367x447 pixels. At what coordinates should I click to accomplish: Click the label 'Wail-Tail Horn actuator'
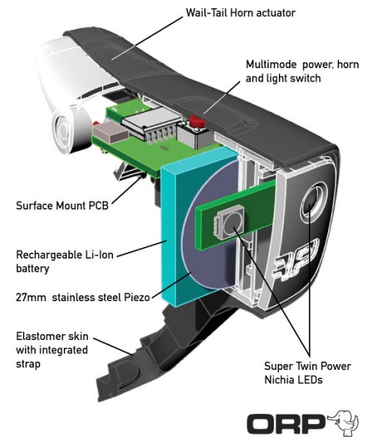(x=241, y=13)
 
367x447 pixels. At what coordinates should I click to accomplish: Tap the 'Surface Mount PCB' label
(x=62, y=205)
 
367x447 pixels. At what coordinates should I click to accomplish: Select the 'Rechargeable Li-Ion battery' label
(x=65, y=262)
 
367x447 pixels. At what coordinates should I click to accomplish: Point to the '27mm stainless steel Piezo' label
(x=83, y=298)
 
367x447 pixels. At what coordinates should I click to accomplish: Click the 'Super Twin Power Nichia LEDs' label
(x=308, y=373)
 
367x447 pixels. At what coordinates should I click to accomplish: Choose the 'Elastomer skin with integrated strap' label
(x=52, y=350)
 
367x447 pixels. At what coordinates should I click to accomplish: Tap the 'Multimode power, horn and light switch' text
(x=302, y=71)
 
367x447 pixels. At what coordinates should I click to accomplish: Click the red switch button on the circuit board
(x=197, y=122)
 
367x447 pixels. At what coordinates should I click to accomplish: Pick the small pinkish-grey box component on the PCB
(x=109, y=131)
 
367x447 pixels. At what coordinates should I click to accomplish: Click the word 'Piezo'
(x=137, y=298)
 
